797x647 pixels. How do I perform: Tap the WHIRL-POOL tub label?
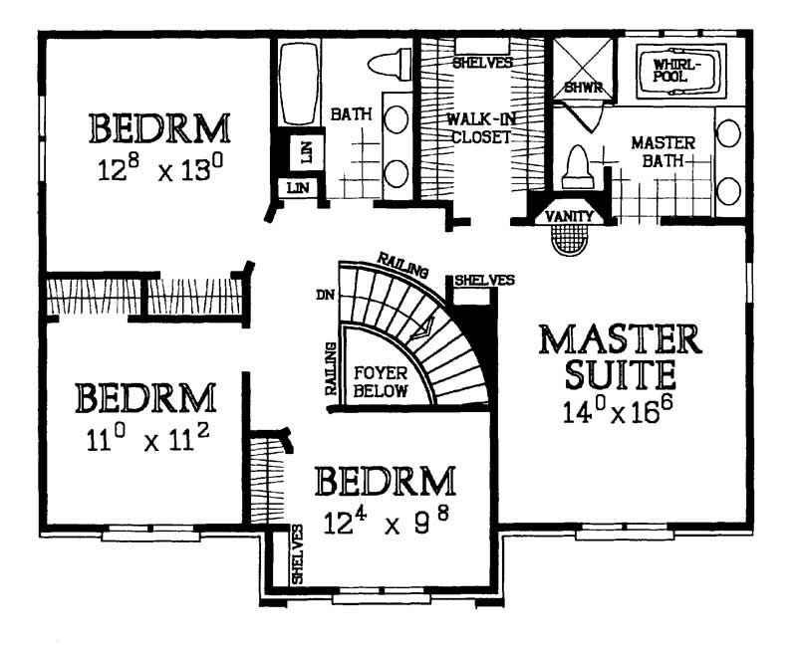(x=676, y=69)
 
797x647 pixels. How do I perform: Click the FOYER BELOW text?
(x=381, y=381)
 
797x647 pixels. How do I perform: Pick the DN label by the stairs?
(x=323, y=296)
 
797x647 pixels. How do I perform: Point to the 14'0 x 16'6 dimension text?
(x=621, y=409)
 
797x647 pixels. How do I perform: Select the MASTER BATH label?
(x=662, y=152)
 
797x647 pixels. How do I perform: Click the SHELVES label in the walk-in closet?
(x=482, y=62)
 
